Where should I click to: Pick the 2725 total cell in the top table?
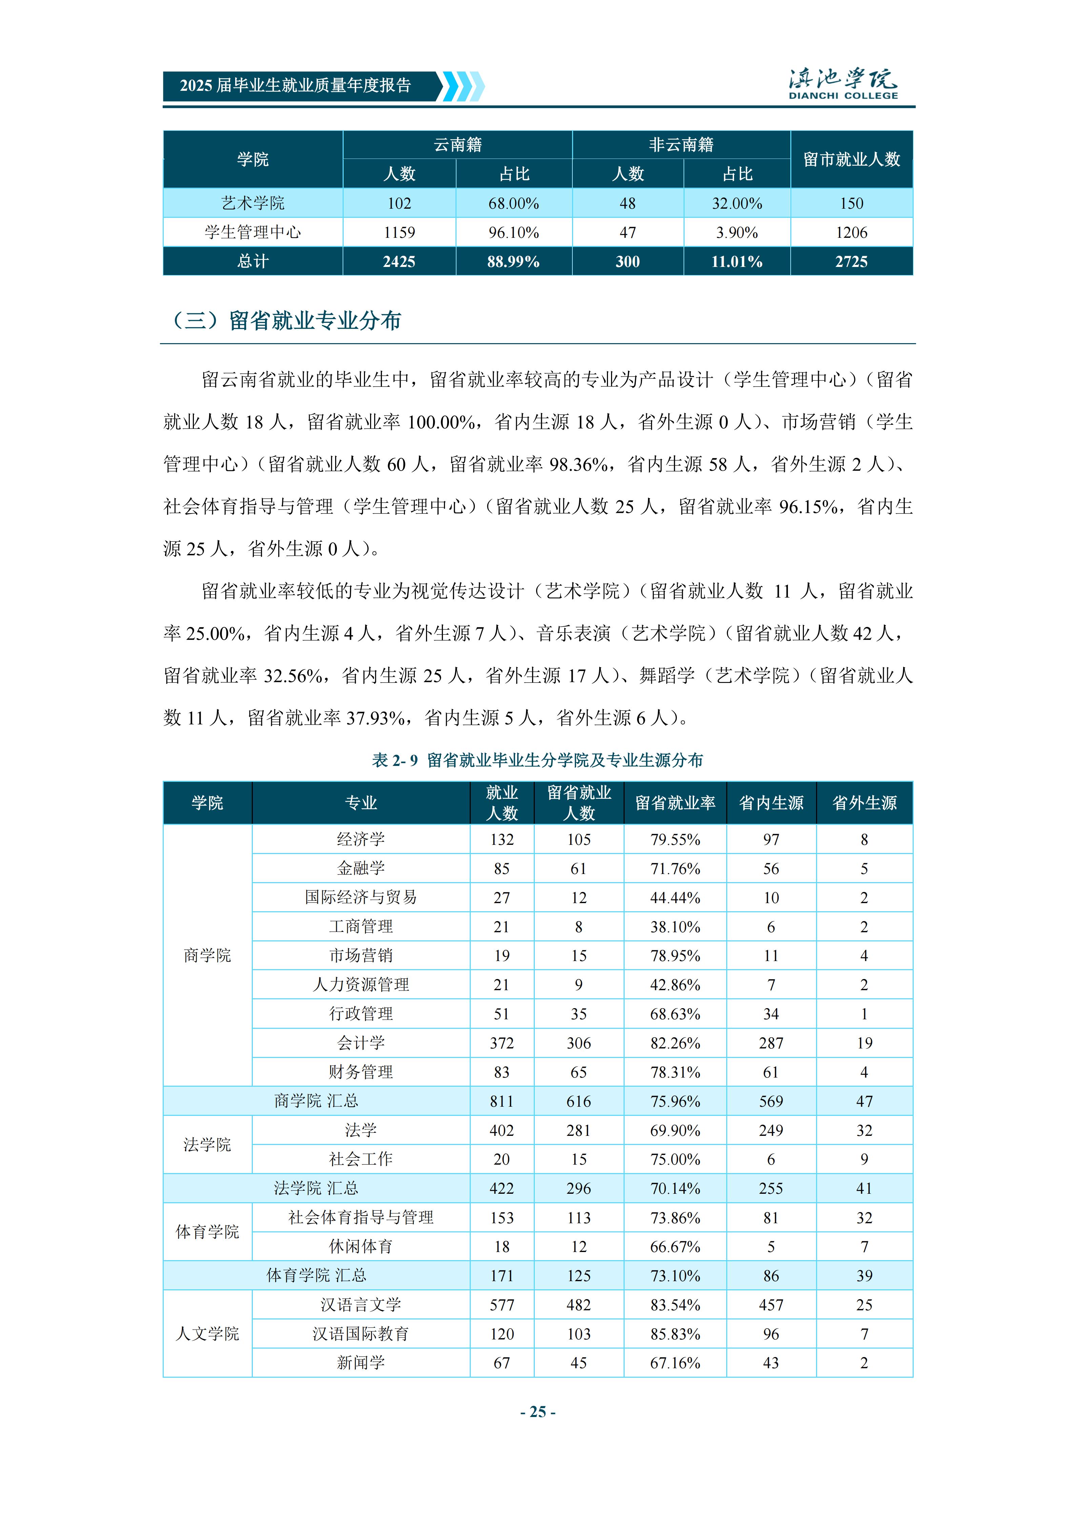851,262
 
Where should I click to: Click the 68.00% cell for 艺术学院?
513,203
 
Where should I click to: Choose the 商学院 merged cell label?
207,955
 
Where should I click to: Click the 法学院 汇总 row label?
316,1188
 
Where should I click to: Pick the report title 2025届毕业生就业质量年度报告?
296,85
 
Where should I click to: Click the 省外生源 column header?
864,803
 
